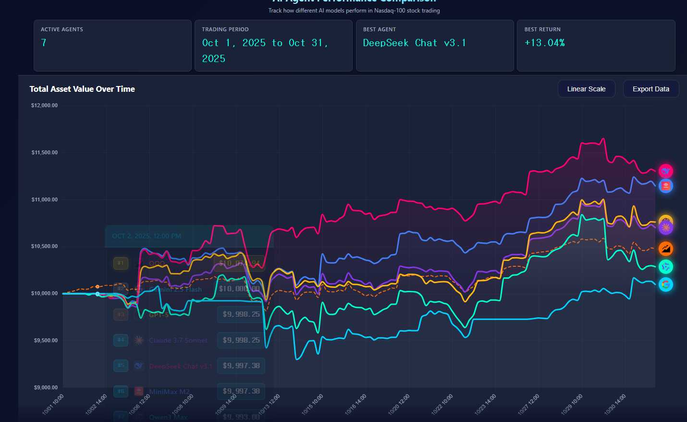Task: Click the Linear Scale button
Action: [586, 89]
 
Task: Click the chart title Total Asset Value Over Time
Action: [82, 89]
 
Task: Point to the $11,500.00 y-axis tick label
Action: [45, 152]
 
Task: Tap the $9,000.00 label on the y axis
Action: [46, 387]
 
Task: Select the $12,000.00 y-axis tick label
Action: [45, 105]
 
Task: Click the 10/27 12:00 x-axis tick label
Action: [528, 405]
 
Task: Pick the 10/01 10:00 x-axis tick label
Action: [53, 405]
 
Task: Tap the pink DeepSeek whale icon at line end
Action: [665, 171]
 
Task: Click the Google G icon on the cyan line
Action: [665, 285]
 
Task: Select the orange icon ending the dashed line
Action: [665, 248]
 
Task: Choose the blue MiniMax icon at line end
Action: [665, 186]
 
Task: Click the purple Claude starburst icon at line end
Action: [665, 227]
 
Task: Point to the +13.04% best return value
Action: [544, 43]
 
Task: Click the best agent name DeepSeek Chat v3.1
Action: [414, 43]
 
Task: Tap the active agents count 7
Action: [44, 43]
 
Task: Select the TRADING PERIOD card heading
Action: [225, 29]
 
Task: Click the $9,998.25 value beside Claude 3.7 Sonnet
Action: [241, 340]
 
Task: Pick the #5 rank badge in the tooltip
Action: [121, 365]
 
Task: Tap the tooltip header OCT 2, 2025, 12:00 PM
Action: [147, 236]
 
